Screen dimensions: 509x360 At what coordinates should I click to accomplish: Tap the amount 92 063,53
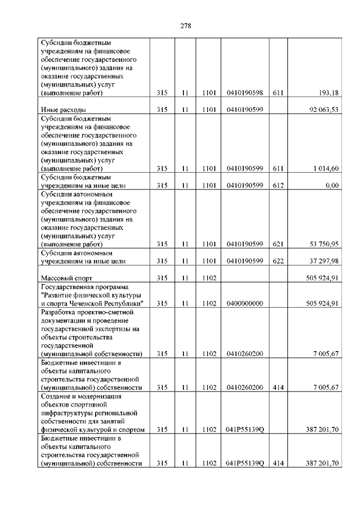pyautogui.click(x=323, y=110)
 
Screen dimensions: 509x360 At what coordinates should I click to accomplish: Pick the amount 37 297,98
pyautogui.click(x=323, y=261)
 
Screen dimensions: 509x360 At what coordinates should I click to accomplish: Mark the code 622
pyautogui.click(x=277, y=261)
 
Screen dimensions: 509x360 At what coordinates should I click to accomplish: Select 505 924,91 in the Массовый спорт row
pyautogui.click(x=321, y=278)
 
